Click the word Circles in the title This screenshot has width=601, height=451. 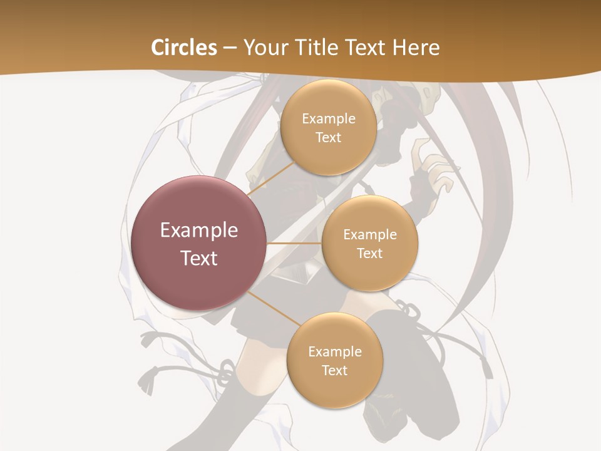[184, 48]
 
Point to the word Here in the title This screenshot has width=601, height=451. [416, 48]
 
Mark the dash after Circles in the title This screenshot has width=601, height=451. [230, 48]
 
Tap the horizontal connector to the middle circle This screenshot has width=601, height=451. [294, 243]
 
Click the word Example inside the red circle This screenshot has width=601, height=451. [199, 231]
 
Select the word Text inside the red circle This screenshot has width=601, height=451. [199, 258]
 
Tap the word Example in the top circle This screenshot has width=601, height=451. [328, 119]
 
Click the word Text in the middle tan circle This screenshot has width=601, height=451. [369, 253]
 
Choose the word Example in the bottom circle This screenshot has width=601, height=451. [334, 351]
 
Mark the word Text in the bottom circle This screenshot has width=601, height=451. [334, 370]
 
